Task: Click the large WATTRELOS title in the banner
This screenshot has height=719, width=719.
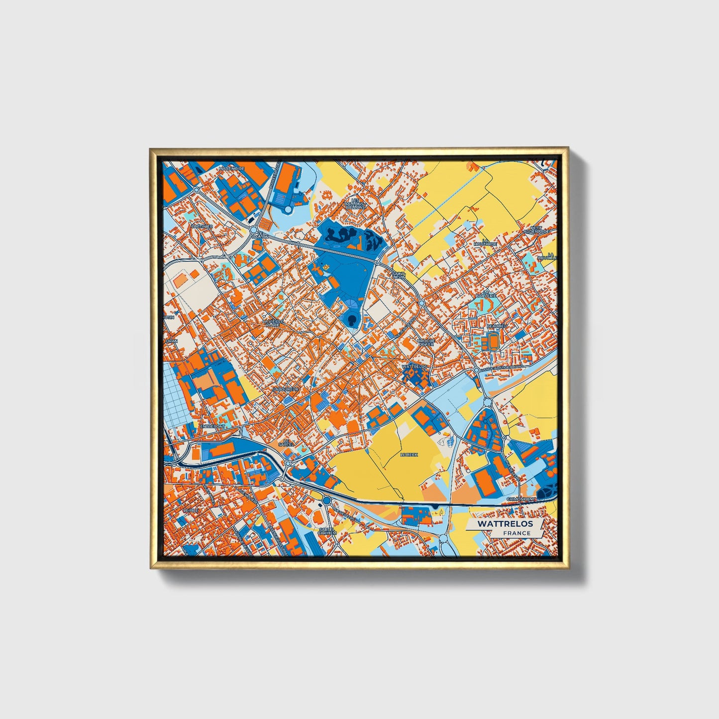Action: [505, 524]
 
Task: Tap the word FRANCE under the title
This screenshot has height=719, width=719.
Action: [516, 533]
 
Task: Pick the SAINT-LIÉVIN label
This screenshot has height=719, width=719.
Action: [399, 275]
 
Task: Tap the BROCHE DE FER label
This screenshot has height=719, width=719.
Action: [426, 342]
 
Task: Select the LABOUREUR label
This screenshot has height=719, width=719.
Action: [286, 389]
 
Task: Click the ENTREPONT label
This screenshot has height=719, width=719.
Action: [212, 426]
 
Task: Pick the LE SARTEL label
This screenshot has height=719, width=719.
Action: [286, 442]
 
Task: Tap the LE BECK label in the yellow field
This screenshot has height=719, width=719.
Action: [409, 455]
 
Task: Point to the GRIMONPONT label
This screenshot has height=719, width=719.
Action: [521, 499]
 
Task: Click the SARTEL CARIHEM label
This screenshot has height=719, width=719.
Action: [327, 531]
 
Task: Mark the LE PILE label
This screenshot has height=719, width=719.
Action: [190, 511]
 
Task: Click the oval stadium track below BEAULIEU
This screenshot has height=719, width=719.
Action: [493, 342]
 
